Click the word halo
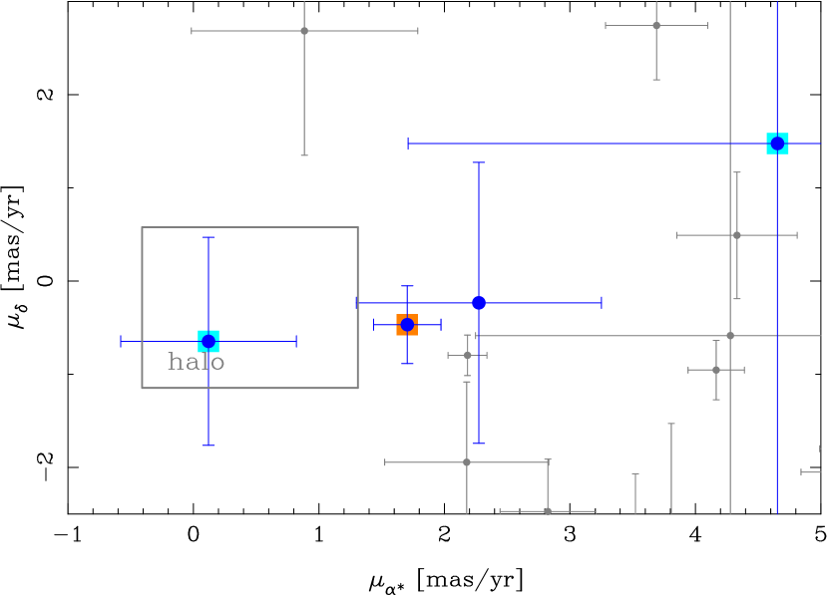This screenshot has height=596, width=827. coord(197,363)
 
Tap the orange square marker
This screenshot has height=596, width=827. coord(407,325)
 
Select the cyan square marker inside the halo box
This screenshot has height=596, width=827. coord(207,341)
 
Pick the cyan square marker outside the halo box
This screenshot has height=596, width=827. coord(777,144)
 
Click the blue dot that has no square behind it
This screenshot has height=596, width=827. coord(479,303)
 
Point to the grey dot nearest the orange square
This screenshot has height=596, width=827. coord(467,355)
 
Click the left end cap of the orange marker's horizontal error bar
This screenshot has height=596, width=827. coord(374,325)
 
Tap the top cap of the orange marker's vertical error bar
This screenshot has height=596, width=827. coord(407,286)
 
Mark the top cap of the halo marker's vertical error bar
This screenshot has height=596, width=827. coord(207,237)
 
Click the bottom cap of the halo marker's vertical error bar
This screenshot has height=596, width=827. coord(207,445)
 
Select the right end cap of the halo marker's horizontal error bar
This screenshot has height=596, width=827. coord(296,341)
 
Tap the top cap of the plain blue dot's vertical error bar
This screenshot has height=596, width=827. coord(479,162)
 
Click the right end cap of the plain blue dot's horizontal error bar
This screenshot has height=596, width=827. coord(602,303)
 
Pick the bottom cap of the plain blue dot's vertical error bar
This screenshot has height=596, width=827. coord(479,443)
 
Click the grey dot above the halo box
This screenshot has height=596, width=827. coord(304,31)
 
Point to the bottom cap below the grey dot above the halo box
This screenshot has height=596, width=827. coord(304,155)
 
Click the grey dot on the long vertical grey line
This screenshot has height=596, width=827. coord(730,336)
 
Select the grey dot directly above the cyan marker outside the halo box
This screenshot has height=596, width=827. coord(656,26)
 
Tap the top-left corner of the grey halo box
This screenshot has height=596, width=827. coord(142,227)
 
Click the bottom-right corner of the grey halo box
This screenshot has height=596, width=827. coord(357,388)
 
